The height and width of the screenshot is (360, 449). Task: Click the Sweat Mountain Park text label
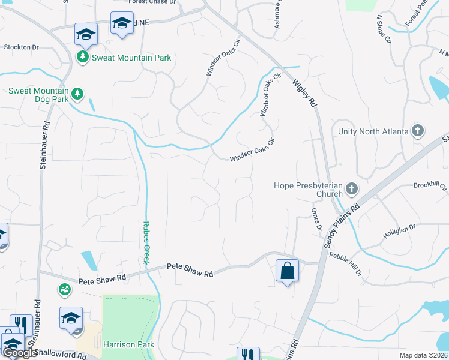click(131, 58)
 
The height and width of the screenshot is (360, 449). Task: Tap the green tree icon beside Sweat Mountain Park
click(82, 58)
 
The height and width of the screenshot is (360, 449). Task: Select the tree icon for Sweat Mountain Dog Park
click(76, 94)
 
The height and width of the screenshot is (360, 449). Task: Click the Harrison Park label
click(128, 344)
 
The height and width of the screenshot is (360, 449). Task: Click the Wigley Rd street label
click(304, 94)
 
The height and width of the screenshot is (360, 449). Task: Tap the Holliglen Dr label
click(399, 230)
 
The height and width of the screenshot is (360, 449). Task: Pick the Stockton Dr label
click(21, 47)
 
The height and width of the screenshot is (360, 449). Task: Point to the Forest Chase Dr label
click(152, 2)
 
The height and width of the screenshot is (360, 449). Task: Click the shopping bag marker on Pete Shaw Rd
click(288, 271)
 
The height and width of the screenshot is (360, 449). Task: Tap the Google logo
click(20, 353)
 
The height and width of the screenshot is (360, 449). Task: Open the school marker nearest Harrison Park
click(71, 318)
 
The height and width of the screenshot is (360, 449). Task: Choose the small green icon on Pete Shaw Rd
click(64, 290)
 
